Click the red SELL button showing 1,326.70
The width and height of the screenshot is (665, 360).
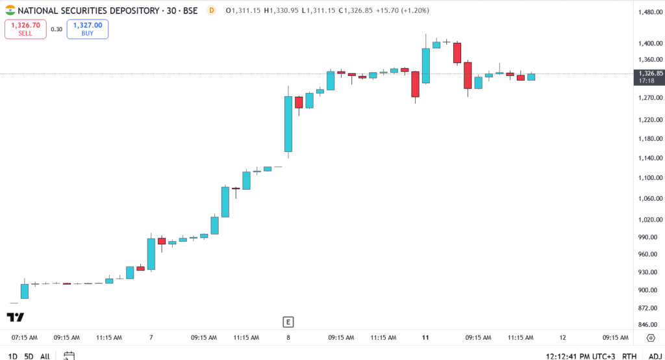25,29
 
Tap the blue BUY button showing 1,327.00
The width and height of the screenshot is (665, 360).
87,29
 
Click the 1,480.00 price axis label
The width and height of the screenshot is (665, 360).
649,12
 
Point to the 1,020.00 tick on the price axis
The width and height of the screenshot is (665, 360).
649,219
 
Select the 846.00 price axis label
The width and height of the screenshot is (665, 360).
649,325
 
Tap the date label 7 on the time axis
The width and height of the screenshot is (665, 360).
151,338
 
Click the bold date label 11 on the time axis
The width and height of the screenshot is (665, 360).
425,338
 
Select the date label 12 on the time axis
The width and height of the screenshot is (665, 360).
562,338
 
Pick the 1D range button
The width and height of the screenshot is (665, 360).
12,356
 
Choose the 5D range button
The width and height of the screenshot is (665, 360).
29,356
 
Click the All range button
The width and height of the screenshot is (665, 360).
45,356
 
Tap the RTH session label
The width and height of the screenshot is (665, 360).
629,356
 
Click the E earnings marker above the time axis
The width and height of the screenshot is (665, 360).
288,322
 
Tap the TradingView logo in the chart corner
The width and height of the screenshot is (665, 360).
15,317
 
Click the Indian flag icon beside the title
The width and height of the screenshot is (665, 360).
10,10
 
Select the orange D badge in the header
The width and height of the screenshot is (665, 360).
211,10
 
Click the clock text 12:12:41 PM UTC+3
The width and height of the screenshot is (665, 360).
581,356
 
